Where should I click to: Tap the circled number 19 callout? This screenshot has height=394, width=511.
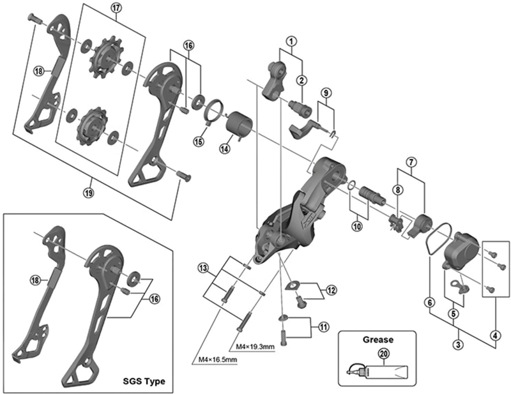tap(88, 190)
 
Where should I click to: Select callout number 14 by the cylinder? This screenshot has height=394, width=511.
tap(224, 148)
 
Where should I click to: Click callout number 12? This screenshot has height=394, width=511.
tap(330, 290)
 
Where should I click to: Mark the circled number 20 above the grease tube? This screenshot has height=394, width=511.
tap(383, 352)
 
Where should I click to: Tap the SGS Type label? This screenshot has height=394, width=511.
tap(143, 381)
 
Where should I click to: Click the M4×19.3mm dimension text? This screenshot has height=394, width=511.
tap(255, 347)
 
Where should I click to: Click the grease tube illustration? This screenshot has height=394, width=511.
tap(379, 370)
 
